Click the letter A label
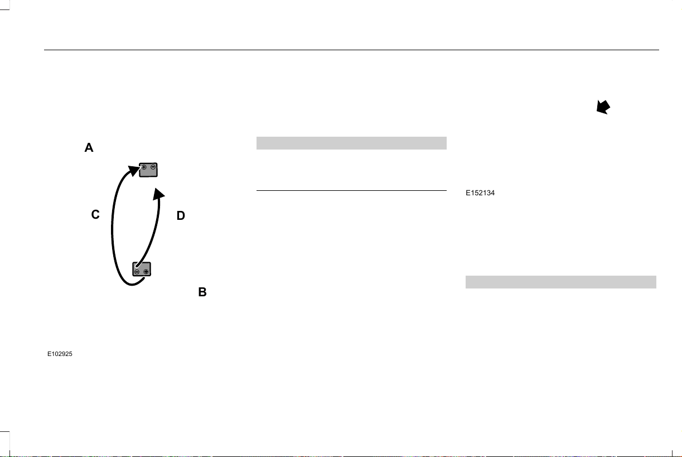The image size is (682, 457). tap(89, 147)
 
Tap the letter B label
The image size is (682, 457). tap(202, 292)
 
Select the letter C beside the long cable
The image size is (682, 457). tap(95, 214)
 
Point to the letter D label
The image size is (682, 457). tap(181, 215)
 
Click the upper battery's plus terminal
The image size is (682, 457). tap(144, 167)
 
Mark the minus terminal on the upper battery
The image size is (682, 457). tap(153, 167)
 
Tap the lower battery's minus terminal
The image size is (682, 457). tap(137, 272)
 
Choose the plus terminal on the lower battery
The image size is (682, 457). tap(146, 272)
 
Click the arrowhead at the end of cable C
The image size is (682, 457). tap(133, 170)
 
